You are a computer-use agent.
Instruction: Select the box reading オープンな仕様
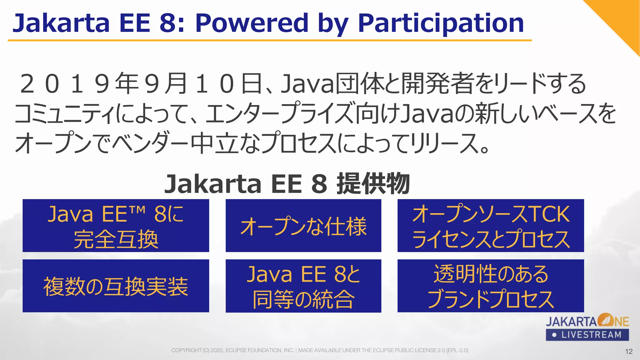pyautogui.click(x=303, y=226)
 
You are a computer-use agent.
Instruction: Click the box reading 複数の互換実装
pyautogui.click(x=116, y=286)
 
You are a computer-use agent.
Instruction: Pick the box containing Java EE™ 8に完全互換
pyautogui.click(x=116, y=226)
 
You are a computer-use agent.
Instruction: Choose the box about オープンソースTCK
pyautogui.click(x=491, y=226)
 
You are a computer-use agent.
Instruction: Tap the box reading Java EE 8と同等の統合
pyautogui.click(x=303, y=286)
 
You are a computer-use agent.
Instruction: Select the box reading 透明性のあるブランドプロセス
pyautogui.click(x=491, y=286)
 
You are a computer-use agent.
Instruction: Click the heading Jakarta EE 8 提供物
pyautogui.click(x=287, y=184)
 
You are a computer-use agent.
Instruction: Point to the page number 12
pyautogui.click(x=629, y=351)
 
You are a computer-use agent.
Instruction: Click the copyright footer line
pyautogui.click(x=320, y=350)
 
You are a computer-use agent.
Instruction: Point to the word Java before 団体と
pyautogui.click(x=308, y=84)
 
